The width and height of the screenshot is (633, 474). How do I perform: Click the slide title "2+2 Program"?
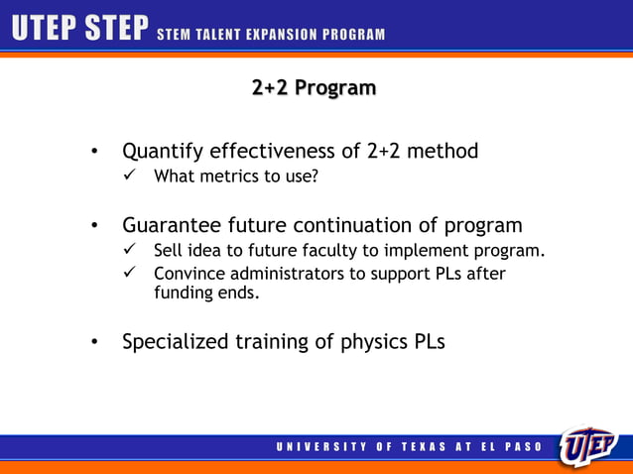click(314, 88)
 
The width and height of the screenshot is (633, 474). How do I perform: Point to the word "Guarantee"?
click(170, 225)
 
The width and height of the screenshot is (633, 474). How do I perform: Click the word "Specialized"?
click(175, 342)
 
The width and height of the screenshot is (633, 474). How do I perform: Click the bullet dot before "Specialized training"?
click(93, 343)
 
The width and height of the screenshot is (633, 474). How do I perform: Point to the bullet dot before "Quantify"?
click(93, 153)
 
